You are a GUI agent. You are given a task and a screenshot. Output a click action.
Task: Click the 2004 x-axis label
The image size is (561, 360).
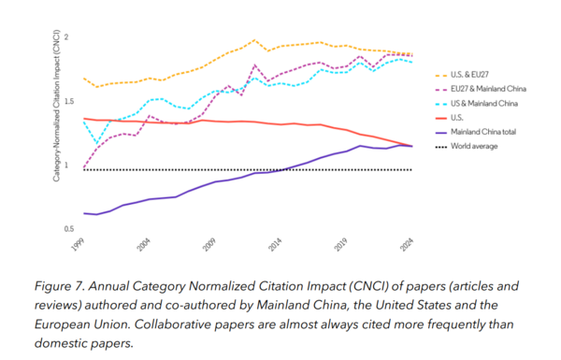(143, 245)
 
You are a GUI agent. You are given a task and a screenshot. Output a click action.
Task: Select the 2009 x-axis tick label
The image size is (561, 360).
(209, 245)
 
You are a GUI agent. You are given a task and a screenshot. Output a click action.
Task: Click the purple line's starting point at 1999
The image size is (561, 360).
(84, 213)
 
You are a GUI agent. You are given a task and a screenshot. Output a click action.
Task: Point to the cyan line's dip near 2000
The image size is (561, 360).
(96, 144)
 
